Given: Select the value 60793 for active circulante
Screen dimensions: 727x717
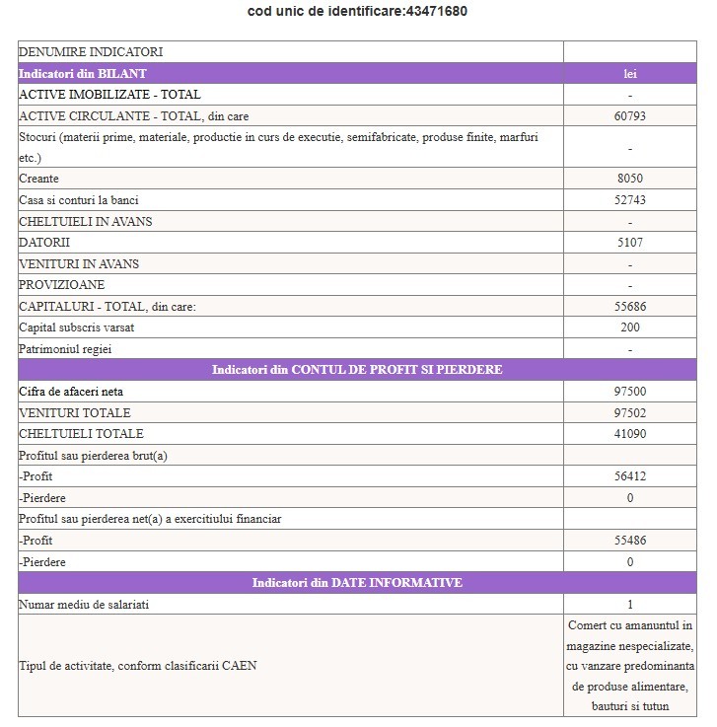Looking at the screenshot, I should coord(629,116).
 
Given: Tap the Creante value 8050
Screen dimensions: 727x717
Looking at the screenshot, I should coord(629,179).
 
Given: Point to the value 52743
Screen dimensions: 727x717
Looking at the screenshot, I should coord(629,200).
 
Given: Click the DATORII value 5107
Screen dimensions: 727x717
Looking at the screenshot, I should coord(629,243).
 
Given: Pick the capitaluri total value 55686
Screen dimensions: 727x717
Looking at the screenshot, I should coord(629,307).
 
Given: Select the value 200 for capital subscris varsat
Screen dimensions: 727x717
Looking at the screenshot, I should coord(629,327).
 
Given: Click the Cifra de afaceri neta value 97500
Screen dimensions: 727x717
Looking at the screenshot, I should coord(629,392).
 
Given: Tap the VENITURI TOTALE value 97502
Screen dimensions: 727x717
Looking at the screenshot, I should coord(629,413).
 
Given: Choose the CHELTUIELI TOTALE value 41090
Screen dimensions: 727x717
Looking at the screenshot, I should coord(629,434).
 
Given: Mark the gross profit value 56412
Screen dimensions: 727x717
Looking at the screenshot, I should coord(629,476).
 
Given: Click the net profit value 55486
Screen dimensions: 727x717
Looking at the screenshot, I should coord(629,541).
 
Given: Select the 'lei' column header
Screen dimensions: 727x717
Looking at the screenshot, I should coord(629,74).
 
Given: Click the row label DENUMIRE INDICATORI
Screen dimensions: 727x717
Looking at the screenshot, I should coord(91,52).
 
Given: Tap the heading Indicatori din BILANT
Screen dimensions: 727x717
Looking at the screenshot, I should coord(83,74).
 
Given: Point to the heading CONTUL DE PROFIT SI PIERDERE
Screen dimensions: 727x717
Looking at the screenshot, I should coord(357,370).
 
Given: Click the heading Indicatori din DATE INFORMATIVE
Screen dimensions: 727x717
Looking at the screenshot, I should coord(357,583).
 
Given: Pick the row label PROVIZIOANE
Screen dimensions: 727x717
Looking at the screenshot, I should coord(61,285).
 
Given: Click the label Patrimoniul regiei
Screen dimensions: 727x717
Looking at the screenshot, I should coord(73,349).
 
